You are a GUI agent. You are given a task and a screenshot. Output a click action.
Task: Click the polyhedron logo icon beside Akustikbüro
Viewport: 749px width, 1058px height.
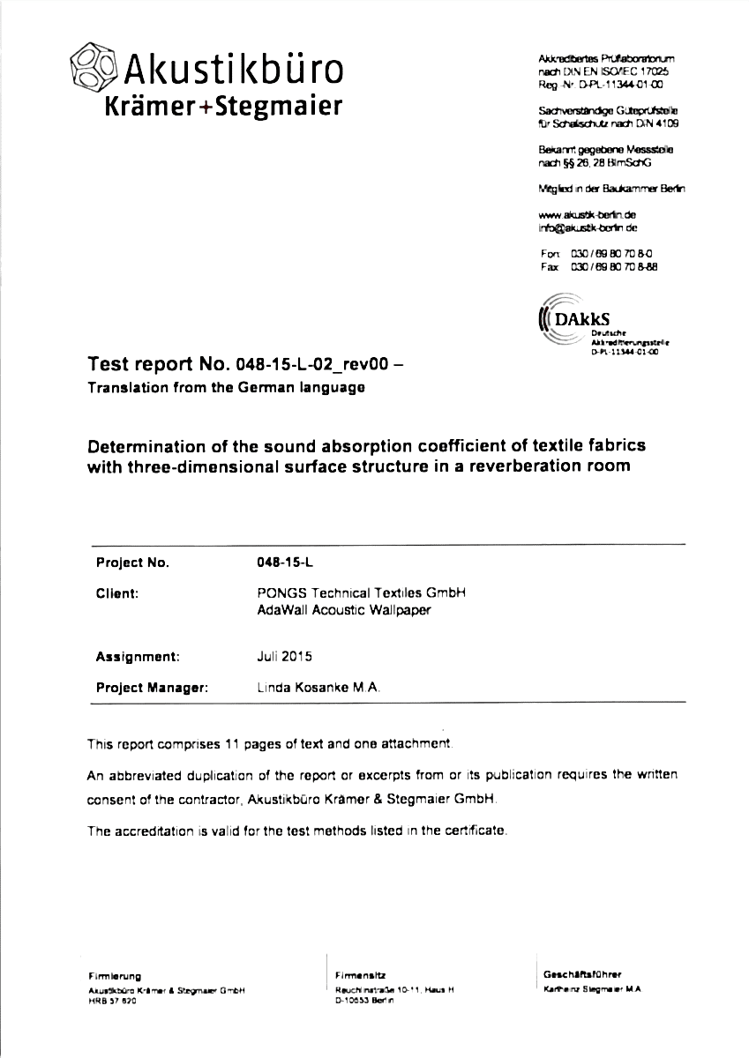coord(93,66)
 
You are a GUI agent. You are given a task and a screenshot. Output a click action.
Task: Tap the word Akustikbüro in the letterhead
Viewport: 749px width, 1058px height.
coord(233,68)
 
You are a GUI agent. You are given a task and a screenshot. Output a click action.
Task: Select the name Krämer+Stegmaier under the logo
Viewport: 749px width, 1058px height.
coord(223,108)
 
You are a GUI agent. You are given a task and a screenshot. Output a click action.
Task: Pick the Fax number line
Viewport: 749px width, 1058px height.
coord(602,265)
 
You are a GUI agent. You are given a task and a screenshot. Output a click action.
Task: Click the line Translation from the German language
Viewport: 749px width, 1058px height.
coord(225,388)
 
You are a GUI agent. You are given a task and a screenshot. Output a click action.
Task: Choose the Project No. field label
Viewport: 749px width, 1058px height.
coord(131,563)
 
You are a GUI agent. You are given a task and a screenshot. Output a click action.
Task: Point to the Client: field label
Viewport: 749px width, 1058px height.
coord(117,593)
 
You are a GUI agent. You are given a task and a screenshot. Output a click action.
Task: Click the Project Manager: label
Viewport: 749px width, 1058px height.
coord(152,687)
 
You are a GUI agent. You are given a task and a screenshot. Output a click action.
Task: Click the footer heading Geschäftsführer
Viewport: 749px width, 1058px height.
coord(583,974)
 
